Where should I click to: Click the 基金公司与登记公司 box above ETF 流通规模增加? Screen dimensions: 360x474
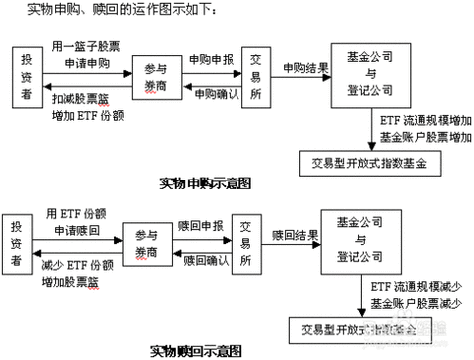pos(379,70)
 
